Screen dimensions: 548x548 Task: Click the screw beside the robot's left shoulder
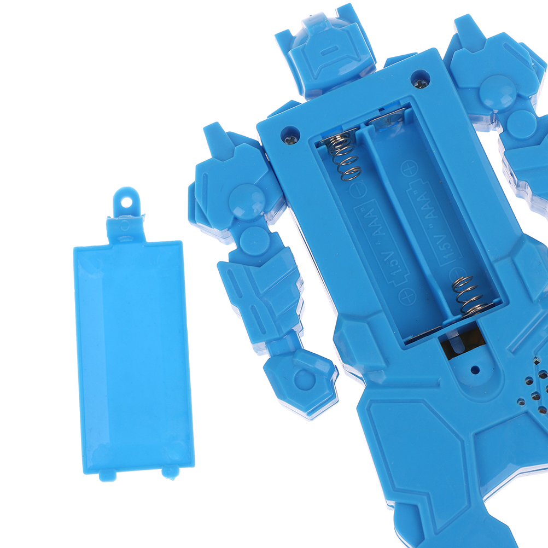[290, 140]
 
